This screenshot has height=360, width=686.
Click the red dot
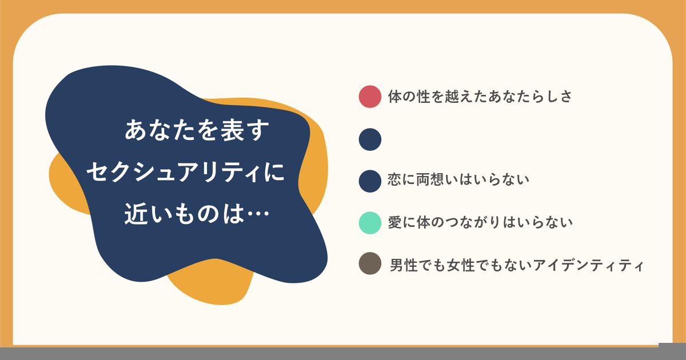click(x=370, y=97)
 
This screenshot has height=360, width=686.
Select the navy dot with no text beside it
click(x=370, y=139)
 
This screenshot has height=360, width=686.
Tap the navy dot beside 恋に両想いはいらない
click(x=370, y=181)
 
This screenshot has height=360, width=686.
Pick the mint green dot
click(x=370, y=223)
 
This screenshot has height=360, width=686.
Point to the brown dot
click(x=370, y=263)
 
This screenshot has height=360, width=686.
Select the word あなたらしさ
click(x=530, y=97)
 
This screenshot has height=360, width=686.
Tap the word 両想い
click(x=430, y=179)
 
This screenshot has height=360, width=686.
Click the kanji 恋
click(x=395, y=179)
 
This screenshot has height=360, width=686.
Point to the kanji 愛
click(x=395, y=222)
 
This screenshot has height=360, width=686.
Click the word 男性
click(x=404, y=265)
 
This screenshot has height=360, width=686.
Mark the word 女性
click(x=461, y=265)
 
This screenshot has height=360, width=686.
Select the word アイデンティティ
click(x=588, y=265)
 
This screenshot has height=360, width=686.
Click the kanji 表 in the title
click(x=233, y=130)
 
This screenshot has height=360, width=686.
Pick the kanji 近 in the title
click(x=135, y=214)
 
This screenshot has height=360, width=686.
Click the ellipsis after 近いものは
click(x=258, y=214)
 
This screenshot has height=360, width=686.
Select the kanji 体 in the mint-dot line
click(x=424, y=222)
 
